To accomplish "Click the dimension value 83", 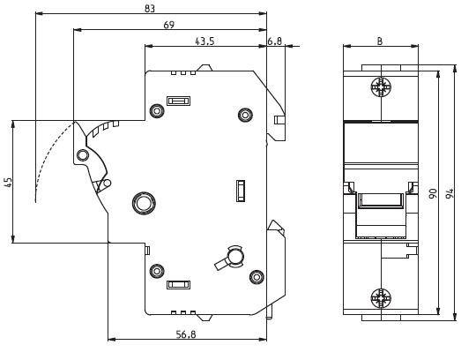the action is (150, 9).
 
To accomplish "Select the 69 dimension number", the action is (168, 25).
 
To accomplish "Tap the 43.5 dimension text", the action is (205, 41).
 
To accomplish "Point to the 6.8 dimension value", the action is (275, 41).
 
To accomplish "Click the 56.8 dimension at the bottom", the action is (186, 334).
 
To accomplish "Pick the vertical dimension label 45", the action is (9, 183).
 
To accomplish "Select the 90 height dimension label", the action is (433, 193).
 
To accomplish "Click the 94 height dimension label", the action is (450, 193).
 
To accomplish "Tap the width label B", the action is (380, 41).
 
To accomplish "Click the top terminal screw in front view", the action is (381, 87).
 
